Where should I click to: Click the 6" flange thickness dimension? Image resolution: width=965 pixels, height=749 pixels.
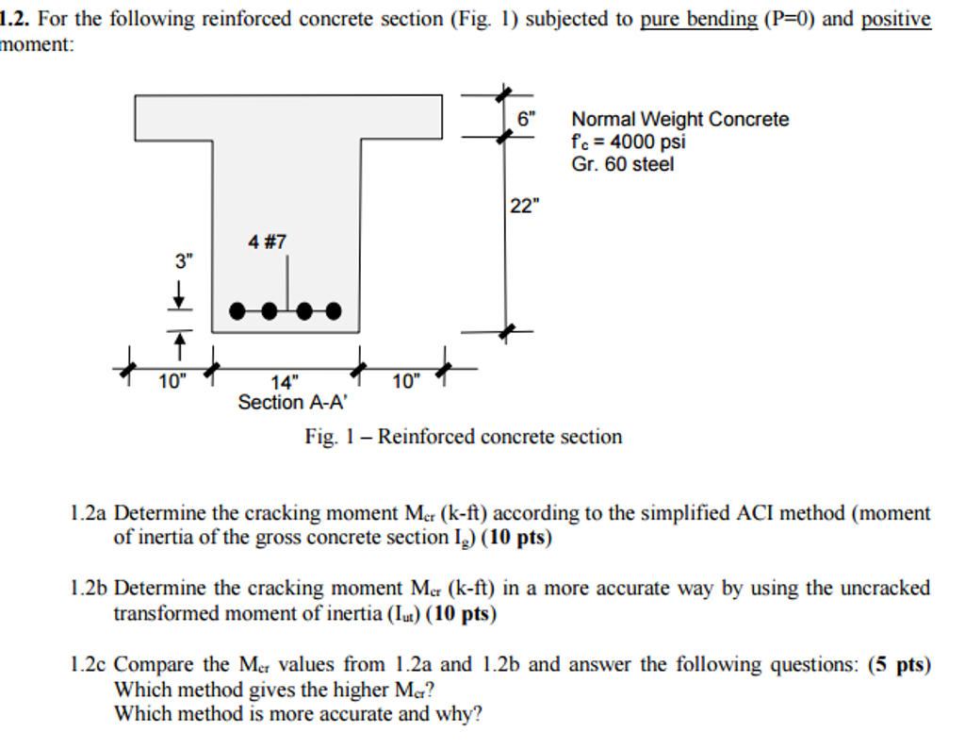tap(526, 119)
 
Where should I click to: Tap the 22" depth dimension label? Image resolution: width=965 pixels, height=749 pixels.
tap(525, 206)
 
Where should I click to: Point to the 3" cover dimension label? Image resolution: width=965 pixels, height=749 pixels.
tap(183, 262)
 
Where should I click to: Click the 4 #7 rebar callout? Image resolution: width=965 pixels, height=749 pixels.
tap(267, 242)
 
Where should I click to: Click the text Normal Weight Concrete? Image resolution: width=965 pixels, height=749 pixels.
tap(679, 119)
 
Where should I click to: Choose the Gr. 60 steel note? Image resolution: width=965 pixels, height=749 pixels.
tap(622, 165)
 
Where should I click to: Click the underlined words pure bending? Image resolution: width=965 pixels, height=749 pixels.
tap(698, 19)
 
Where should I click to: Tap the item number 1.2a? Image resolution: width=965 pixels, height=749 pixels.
tap(90, 513)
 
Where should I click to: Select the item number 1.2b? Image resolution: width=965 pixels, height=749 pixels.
tap(90, 589)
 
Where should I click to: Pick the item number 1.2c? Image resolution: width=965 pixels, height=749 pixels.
tap(90, 664)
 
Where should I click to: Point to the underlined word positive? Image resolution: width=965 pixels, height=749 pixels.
tap(895, 19)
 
